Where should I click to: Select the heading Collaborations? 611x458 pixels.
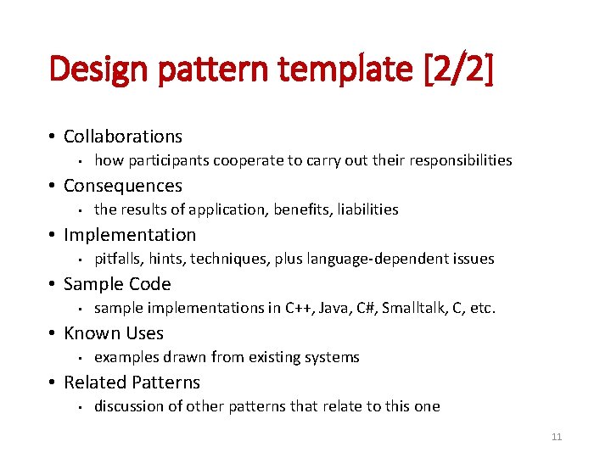(x=123, y=137)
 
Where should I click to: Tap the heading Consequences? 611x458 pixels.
(x=123, y=186)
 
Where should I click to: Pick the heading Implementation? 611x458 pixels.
(x=130, y=235)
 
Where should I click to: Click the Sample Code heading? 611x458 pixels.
(x=117, y=284)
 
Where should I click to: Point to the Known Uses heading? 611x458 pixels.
(x=114, y=333)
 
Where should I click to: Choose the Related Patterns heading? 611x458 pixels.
(x=132, y=383)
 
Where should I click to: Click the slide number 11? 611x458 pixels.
(x=557, y=437)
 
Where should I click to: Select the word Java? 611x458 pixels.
(x=335, y=308)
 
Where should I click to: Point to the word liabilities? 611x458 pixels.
(x=367, y=209)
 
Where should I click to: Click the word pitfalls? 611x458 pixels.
(x=117, y=259)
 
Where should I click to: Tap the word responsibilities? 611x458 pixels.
(x=459, y=160)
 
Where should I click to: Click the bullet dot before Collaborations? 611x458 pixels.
(x=53, y=137)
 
